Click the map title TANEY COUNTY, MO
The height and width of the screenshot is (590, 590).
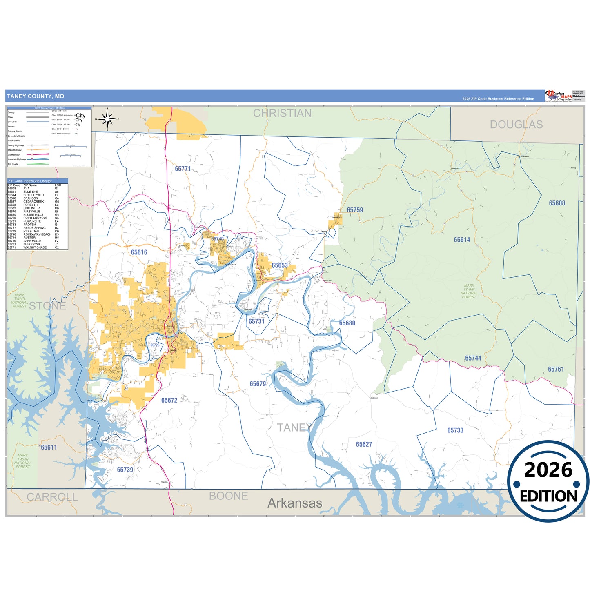pyautogui.click(x=36, y=96)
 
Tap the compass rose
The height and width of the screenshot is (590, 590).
pyautogui.click(x=107, y=119)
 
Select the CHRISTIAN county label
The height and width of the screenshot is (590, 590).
pyautogui.click(x=282, y=114)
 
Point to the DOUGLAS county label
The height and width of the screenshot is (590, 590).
pyautogui.click(x=516, y=125)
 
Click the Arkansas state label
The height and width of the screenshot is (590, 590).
pyautogui.click(x=294, y=503)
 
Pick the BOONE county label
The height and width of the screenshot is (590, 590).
pyautogui.click(x=228, y=496)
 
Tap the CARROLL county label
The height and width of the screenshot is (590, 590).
pyautogui.click(x=52, y=497)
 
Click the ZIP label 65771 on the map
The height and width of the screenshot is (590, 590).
pyautogui.click(x=183, y=169)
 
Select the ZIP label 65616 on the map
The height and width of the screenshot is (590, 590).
pyautogui.click(x=139, y=252)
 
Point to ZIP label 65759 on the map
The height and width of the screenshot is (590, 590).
pyautogui.click(x=354, y=210)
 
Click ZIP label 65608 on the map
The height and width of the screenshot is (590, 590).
pyautogui.click(x=557, y=203)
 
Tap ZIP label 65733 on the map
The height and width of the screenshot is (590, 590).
pyautogui.click(x=455, y=430)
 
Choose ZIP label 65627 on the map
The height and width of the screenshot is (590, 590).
pyautogui.click(x=363, y=444)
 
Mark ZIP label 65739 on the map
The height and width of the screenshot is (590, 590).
pyautogui.click(x=125, y=470)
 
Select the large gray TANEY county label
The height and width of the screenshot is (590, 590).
pyautogui.click(x=294, y=427)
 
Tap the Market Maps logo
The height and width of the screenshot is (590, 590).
pyautogui.click(x=558, y=96)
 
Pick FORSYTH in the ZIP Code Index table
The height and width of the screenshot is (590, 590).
pyautogui.click(x=30, y=205)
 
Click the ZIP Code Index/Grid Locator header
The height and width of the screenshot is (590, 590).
pyautogui.click(x=30, y=181)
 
